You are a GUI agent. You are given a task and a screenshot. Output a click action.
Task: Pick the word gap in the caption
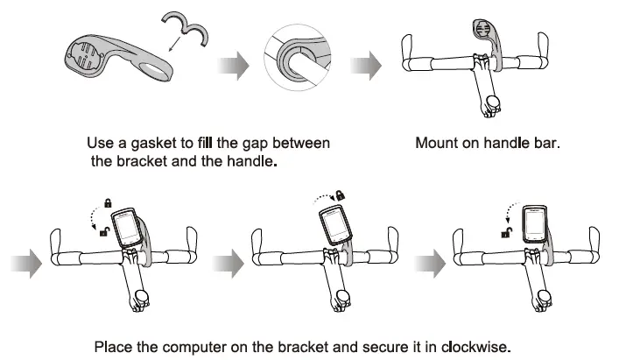(x=264, y=142)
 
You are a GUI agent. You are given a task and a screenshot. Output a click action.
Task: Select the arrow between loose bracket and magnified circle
(x=229, y=65)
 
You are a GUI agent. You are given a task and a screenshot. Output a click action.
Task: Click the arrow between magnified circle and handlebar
(x=363, y=65)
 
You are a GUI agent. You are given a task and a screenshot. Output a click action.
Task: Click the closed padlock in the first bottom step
(x=108, y=203)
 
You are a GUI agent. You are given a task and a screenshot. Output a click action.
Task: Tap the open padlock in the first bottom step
(x=104, y=231)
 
